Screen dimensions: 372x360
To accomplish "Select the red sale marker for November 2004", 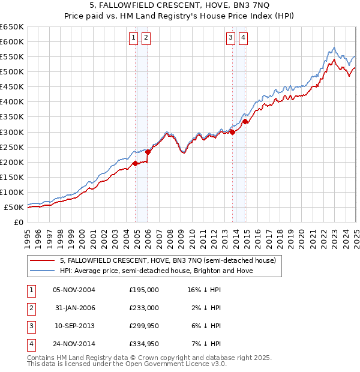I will pos(135,163).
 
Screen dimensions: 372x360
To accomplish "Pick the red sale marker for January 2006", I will pos(148,152).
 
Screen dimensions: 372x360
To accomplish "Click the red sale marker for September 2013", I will pos(232,132).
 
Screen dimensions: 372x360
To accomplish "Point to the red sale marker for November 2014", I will pos(245,121).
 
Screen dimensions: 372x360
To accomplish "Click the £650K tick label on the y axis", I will pos(12,27).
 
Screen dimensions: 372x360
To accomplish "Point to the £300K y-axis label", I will pos(12,132).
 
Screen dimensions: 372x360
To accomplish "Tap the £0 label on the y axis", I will pos(19,222).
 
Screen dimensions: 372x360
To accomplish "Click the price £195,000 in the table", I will pos(144,290).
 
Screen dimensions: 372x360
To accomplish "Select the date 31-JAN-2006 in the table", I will pos(74,308).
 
